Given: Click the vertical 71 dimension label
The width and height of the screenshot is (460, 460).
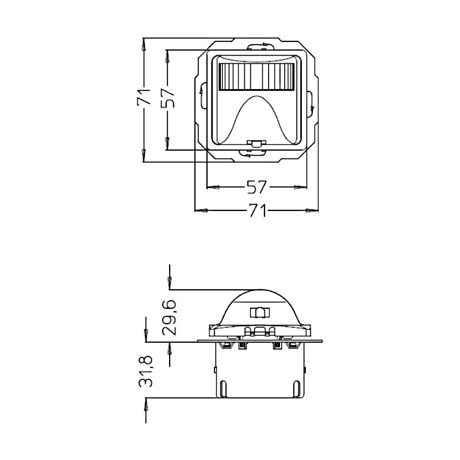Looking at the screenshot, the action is point(143,97).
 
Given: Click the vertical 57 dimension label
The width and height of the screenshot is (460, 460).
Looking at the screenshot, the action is point(168,98).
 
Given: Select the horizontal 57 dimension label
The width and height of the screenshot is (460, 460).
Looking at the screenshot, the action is point(256,187).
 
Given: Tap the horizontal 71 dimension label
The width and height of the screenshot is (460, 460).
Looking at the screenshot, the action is point(258,210).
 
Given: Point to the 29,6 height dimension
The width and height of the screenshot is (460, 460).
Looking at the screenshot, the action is point(169,317).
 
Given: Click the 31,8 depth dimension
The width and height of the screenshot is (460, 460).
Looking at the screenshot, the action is point(145,371).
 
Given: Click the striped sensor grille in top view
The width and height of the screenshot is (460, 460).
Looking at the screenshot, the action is point(256,77).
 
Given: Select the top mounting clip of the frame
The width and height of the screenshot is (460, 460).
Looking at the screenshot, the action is point(261,47).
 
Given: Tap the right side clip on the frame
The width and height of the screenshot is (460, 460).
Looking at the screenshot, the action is point(310,104).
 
